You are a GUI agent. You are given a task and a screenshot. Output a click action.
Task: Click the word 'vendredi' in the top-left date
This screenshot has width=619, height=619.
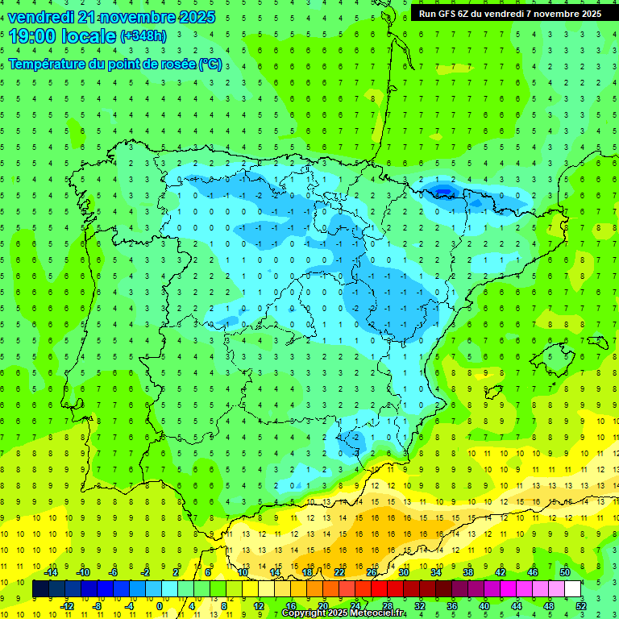(41, 16)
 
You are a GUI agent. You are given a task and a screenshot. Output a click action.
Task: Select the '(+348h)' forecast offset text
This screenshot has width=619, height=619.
(143, 36)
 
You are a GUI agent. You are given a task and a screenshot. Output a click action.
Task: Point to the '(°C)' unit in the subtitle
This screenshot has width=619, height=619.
(210, 64)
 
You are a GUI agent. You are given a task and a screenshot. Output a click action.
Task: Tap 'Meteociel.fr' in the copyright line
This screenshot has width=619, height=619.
(377, 613)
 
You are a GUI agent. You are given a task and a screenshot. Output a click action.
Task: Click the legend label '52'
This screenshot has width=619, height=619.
(580, 605)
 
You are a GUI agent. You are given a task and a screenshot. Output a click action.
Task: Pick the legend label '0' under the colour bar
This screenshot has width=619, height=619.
(160, 605)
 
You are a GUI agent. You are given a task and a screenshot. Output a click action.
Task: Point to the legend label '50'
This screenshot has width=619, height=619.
(564, 571)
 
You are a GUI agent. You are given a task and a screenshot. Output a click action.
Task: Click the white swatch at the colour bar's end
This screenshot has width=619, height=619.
(572, 589)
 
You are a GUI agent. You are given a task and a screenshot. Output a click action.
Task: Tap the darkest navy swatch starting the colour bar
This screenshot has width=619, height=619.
(40, 589)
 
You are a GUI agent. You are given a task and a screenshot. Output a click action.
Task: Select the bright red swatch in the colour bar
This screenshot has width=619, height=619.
(379, 589)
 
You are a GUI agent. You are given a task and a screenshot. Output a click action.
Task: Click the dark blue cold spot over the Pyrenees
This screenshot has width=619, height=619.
(442, 190)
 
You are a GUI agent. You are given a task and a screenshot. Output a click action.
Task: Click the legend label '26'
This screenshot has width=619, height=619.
(372, 571)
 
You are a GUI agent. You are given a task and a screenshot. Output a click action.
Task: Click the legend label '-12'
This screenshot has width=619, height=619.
(67, 605)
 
